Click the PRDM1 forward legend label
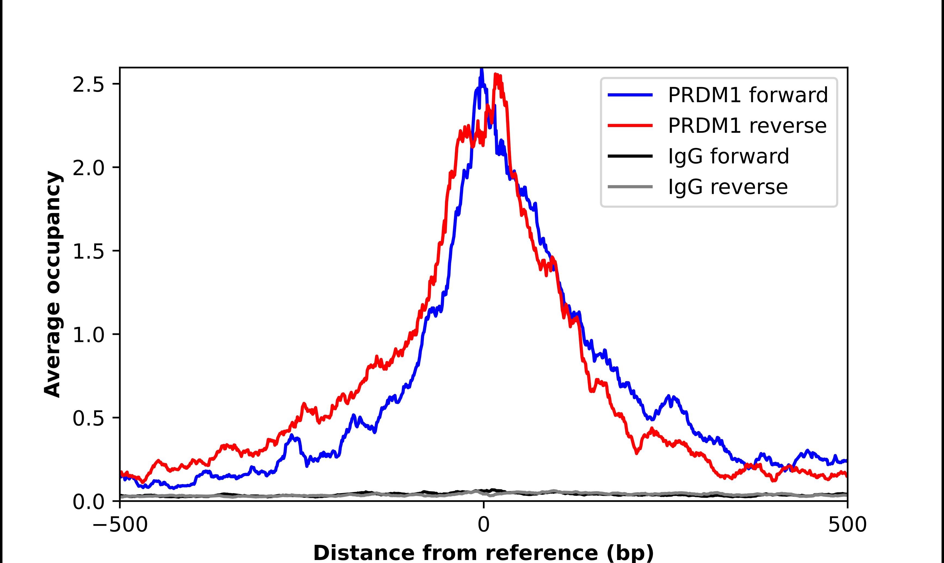point(747,95)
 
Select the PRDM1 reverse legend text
point(747,126)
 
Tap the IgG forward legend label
point(728,156)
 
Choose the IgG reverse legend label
point(727,187)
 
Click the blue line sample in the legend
point(630,95)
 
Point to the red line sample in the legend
point(630,126)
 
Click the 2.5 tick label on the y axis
point(88,85)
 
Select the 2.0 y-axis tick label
point(88,168)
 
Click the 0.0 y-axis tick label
point(88,502)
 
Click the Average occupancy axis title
point(52,284)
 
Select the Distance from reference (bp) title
point(483,552)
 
